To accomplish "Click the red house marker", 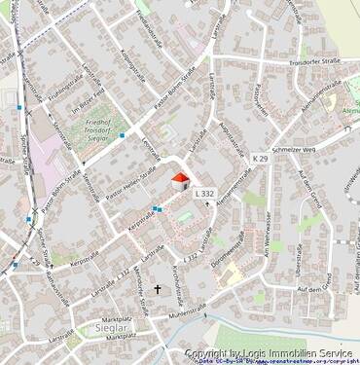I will coord(179,181).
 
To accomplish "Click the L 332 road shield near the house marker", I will coord(203,195).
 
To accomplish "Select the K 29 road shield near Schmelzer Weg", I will coord(259,158).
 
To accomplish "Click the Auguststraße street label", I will coord(228,141).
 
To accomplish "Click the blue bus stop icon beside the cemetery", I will coord(122,135).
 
